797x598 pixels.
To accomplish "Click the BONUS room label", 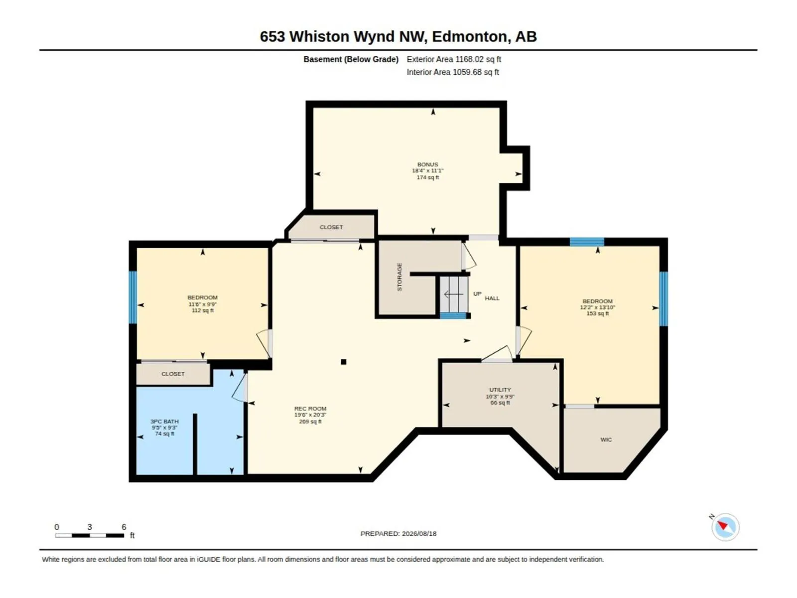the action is [427, 164].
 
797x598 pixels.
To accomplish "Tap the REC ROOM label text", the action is [310, 409].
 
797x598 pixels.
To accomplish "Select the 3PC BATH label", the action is [164, 422].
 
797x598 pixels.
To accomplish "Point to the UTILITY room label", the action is [500, 390].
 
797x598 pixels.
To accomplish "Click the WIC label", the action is [606, 440].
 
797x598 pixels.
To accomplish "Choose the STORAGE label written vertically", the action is [399, 277].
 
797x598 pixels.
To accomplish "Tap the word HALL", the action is [492, 298].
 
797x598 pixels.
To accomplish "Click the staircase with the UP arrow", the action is [453, 294].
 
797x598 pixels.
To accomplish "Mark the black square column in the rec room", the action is [344, 362].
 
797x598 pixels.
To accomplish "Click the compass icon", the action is [725, 527].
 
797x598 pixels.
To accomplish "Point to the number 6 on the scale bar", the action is [124, 527].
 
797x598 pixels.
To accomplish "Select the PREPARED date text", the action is [398, 534].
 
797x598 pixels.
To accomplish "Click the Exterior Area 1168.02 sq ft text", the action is [454, 59].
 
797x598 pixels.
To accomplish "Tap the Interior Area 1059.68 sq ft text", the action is [453, 72].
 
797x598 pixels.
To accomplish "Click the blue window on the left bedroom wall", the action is [133, 297].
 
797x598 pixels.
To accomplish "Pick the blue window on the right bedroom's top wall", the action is [587, 242].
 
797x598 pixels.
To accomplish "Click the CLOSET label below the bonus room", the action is [331, 227].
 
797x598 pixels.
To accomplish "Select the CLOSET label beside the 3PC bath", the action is [173, 374].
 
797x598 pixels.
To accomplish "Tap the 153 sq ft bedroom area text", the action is [597, 313].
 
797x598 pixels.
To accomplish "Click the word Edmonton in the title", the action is [469, 37].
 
